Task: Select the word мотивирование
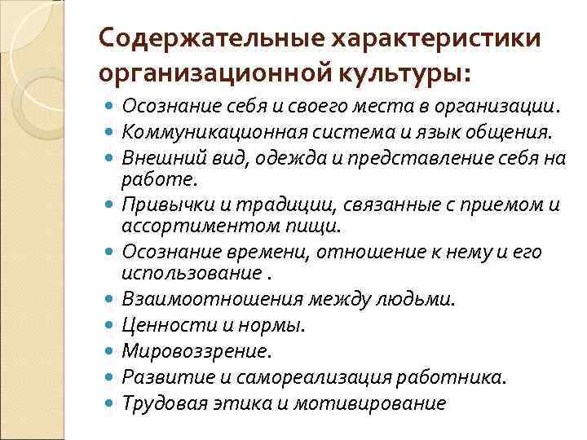point(386,403)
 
